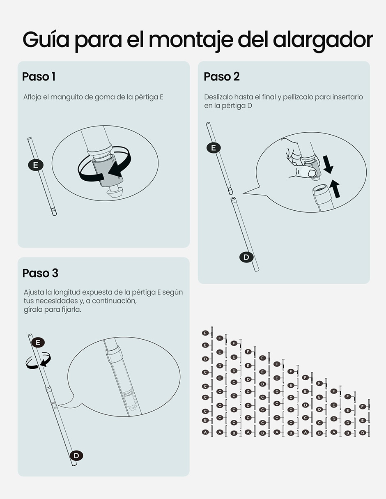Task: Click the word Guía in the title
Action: [46, 40]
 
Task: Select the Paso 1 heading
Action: [39, 77]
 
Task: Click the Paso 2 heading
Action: [222, 77]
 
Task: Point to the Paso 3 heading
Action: [40, 273]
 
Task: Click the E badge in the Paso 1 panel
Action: [36, 165]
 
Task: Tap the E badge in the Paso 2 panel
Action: [214, 148]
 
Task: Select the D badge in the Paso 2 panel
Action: [246, 257]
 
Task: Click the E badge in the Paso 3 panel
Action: [38, 343]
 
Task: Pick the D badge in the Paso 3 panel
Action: [76, 455]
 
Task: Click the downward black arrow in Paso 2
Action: [328, 164]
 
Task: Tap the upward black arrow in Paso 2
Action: [335, 188]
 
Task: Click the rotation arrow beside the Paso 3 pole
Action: [38, 360]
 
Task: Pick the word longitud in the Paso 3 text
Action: [67, 292]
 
